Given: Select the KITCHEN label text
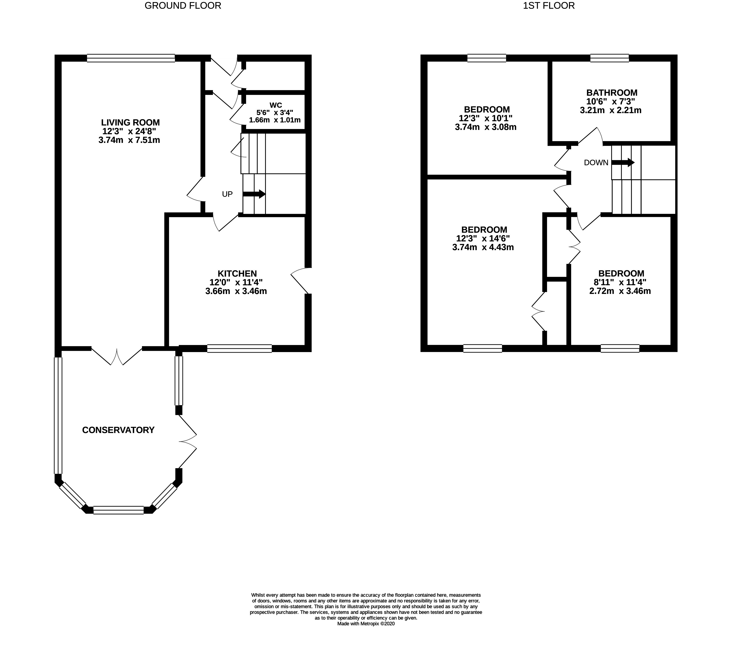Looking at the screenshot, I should click(x=237, y=274).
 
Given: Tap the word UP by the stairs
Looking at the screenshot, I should click(x=227, y=194).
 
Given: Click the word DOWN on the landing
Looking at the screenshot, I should click(x=596, y=163).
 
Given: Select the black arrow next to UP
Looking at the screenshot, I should click(x=254, y=194).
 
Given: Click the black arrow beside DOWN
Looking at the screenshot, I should click(x=623, y=163).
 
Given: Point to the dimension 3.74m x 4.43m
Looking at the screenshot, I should click(x=483, y=247).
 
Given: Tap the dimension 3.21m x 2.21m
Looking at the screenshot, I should click(x=610, y=110).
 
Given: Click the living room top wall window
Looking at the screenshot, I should click(x=131, y=58).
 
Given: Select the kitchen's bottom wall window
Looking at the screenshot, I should click(x=239, y=349).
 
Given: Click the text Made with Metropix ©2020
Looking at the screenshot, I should click(x=366, y=624).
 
